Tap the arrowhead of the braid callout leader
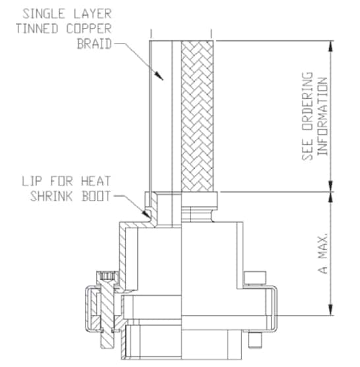tap(162, 79)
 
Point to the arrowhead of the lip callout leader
tap(148, 214)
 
